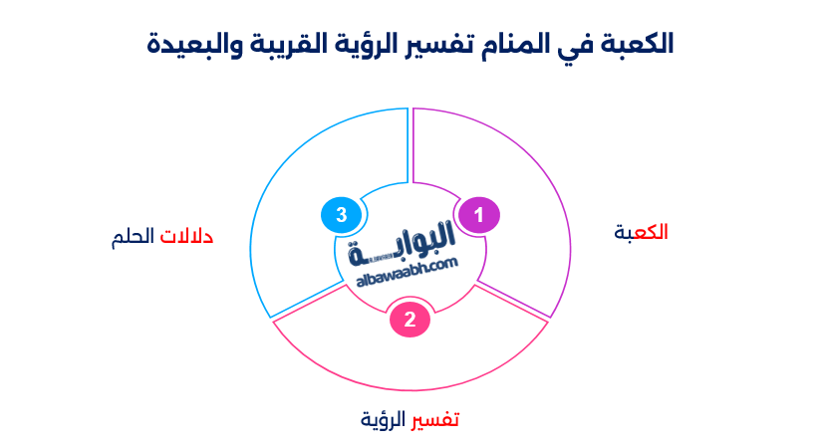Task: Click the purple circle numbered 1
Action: [478, 215]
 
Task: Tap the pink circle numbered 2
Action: [410, 320]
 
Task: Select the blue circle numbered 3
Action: [341, 215]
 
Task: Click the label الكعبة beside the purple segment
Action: [641, 232]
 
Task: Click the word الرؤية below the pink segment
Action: [386, 419]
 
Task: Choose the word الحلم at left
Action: [134, 237]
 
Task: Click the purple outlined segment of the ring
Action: [518, 199]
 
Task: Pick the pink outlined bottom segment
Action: [410, 358]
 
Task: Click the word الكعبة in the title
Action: [639, 44]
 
